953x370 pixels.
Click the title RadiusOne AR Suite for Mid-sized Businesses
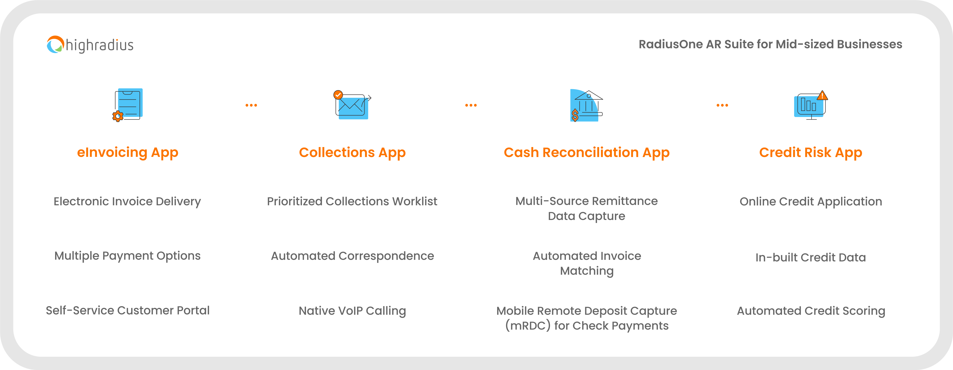(x=770, y=44)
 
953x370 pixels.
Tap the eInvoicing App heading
(x=128, y=152)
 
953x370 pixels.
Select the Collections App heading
(x=352, y=152)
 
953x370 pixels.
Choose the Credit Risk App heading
(x=811, y=152)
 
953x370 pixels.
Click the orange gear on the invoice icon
(x=118, y=116)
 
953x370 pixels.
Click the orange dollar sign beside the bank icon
(x=575, y=115)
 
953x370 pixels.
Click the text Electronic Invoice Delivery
(x=127, y=201)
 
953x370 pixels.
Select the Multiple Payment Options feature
(x=127, y=256)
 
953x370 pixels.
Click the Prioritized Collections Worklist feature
(x=352, y=201)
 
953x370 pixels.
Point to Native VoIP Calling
(x=352, y=311)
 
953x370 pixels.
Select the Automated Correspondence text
(x=352, y=256)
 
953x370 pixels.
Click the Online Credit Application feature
(x=811, y=201)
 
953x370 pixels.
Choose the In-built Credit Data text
(x=811, y=257)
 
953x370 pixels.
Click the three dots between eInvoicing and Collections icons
(x=251, y=105)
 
